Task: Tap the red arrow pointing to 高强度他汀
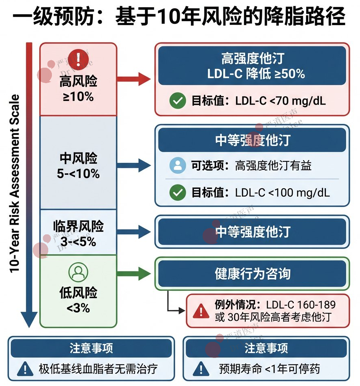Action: click(135, 79)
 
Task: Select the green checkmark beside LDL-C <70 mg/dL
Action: click(177, 101)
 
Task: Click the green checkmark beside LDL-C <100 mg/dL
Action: click(177, 192)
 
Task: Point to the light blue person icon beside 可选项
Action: click(177, 165)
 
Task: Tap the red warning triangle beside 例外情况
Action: click(201, 311)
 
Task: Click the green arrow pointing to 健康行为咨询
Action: click(135, 274)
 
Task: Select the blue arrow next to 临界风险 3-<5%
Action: click(135, 232)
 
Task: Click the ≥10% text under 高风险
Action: click(78, 97)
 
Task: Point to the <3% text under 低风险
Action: click(78, 309)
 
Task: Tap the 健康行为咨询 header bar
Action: click(252, 274)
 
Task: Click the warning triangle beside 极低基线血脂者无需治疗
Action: click(26, 369)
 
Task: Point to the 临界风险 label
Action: click(78, 227)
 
